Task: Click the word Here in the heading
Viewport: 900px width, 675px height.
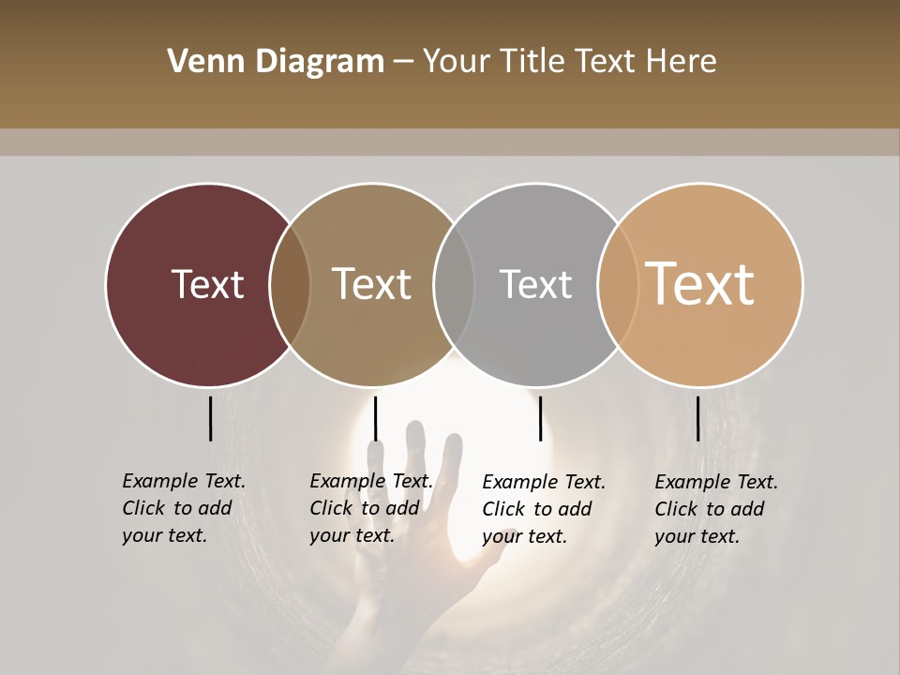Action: click(x=681, y=62)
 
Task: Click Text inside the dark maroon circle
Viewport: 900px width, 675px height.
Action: click(x=207, y=284)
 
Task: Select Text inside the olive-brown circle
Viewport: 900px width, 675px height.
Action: click(x=372, y=284)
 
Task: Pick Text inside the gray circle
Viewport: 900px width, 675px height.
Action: click(x=535, y=284)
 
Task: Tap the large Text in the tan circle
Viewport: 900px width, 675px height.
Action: click(x=700, y=284)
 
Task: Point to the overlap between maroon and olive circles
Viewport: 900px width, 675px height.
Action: click(x=290, y=285)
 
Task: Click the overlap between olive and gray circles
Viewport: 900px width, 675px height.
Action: click(x=454, y=285)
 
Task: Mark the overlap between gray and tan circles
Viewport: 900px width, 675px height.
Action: click(x=617, y=285)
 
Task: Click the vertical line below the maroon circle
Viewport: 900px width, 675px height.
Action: click(x=210, y=418)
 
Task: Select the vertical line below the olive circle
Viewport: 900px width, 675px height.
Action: click(x=375, y=418)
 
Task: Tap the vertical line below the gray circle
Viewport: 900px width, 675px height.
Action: click(x=540, y=418)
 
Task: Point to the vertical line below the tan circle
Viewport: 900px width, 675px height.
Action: click(x=697, y=418)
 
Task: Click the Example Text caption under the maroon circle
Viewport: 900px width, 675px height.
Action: click(x=184, y=508)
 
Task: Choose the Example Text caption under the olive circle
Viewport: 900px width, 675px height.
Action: click(x=371, y=508)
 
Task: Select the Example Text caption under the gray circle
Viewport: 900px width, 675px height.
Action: click(x=544, y=509)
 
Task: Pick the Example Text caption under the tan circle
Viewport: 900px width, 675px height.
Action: click(x=716, y=509)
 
